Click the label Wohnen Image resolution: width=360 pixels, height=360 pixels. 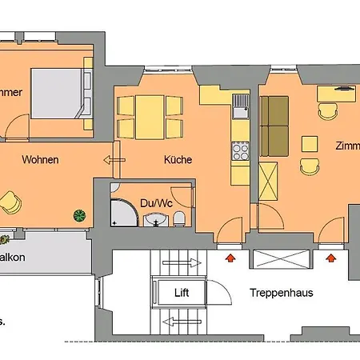40,160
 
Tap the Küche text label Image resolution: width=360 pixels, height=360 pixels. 178,160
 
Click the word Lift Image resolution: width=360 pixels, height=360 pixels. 182,293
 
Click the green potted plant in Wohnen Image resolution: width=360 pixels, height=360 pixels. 78,214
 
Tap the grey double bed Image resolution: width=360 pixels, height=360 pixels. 58,92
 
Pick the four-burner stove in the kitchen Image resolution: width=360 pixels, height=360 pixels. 239,149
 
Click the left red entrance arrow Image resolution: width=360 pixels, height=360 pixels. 232,258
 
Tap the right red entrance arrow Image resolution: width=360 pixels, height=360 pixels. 330,258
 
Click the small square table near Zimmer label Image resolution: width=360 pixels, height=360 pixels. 309,143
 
